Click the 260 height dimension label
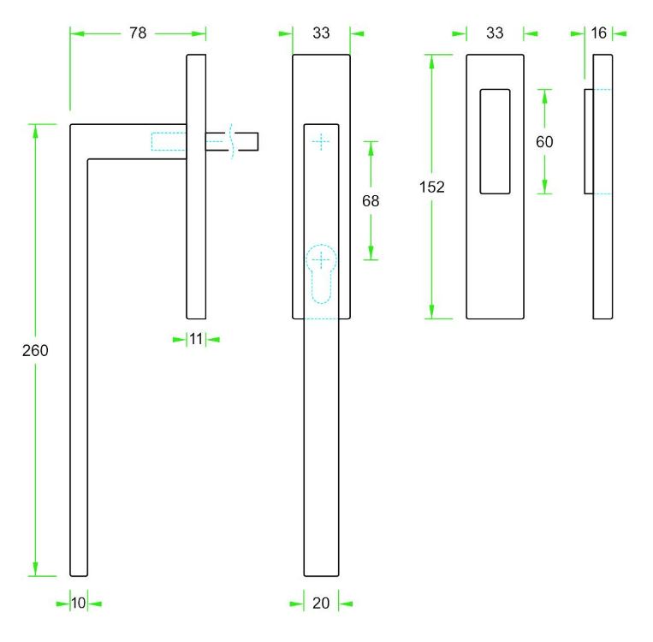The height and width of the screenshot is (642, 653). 35,351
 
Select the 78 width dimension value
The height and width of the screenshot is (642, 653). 138,33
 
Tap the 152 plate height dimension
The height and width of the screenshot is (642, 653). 432,187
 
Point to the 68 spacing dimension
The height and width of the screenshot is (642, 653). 371,201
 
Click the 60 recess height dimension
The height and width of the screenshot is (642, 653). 544,142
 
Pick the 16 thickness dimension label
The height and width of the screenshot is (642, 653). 598,33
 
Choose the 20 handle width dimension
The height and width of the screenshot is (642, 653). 321,603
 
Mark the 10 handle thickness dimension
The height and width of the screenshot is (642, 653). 78,603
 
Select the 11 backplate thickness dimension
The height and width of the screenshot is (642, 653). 196,339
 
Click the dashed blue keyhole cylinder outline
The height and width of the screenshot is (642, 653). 321,273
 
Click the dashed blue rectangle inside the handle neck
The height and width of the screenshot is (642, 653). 169,141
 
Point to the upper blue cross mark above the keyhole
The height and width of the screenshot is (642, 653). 321,142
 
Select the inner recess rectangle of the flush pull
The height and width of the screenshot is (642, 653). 496,141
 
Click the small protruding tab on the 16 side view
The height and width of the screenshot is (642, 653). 589,141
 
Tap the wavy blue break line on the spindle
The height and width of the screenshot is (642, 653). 232,141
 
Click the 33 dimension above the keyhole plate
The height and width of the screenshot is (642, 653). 321,33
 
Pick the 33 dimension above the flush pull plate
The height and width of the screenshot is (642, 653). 495,33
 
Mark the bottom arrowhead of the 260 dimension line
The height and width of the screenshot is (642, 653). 35,569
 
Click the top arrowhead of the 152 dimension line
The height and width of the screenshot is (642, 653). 432,62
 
